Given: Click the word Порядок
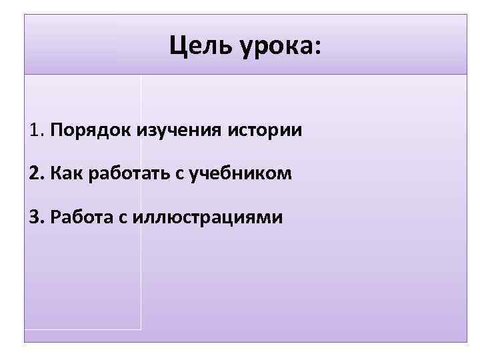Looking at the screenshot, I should [x=90, y=130].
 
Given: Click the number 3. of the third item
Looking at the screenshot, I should [x=37, y=217].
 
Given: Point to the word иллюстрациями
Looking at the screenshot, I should [x=207, y=218].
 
